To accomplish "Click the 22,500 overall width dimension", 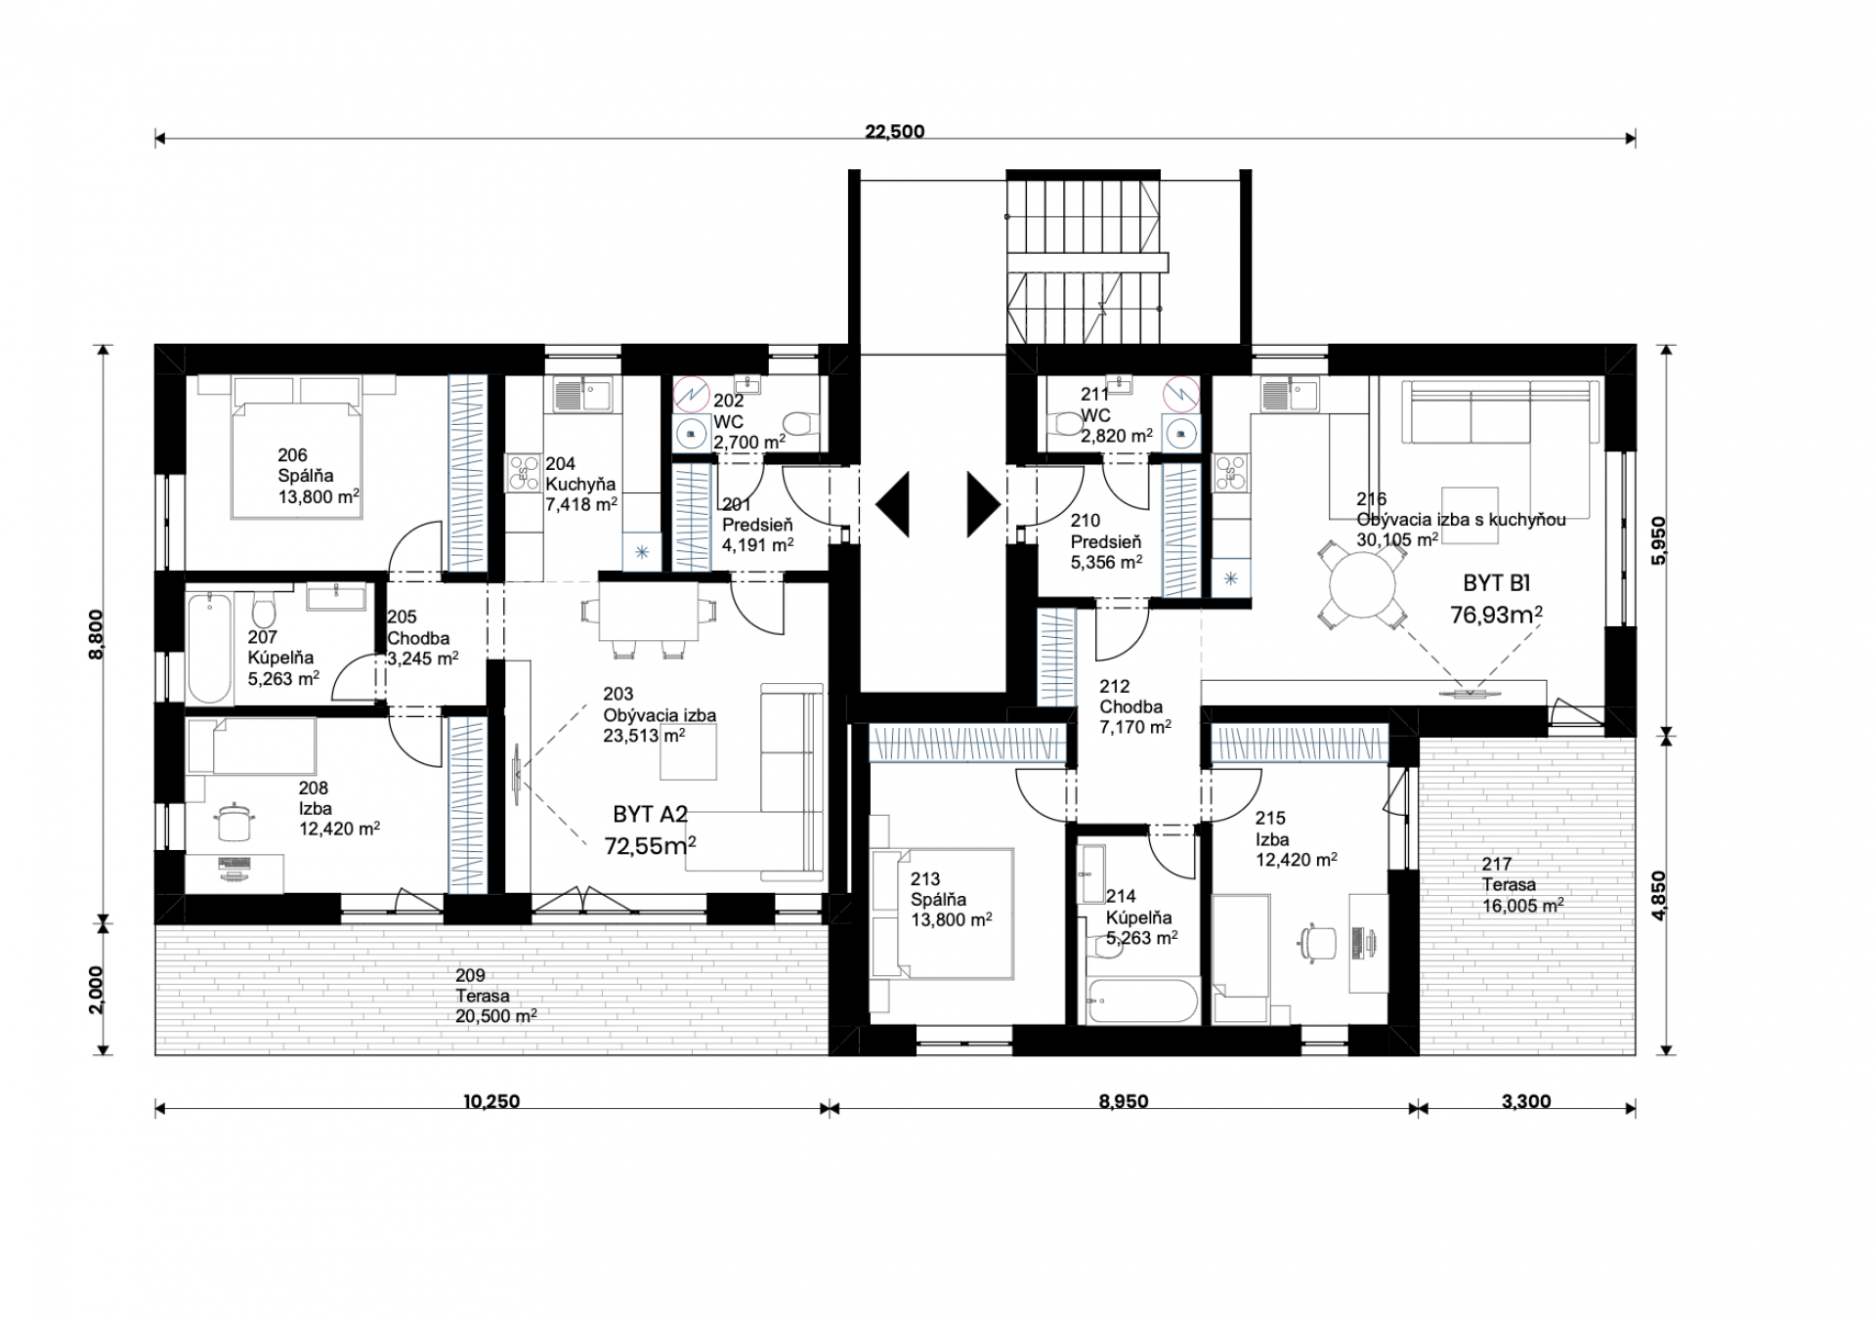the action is pyautogui.click(x=894, y=132).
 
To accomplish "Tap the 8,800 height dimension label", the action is pyautogui.click(x=96, y=634).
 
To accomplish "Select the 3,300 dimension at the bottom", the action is pyautogui.click(x=1526, y=1101).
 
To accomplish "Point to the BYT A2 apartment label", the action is pyautogui.click(x=651, y=815).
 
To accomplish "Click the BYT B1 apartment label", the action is pyautogui.click(x=1496, y=583).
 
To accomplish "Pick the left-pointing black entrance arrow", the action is pyautogui.click(x=892, y=504).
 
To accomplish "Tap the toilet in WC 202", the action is pyautogui.click(x=801, y=425).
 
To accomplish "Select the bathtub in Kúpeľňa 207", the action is pyautogui.click(x=210, y=647).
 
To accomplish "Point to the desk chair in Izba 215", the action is pyautogui.click(x=1319, y=942).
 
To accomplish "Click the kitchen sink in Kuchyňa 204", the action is pyautogui.click(x=582, y=395).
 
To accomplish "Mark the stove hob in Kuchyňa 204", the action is pyautogui.click(x=523, y=474).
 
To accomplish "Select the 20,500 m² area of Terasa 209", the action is pyautogui.click(x=495, y=1016).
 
